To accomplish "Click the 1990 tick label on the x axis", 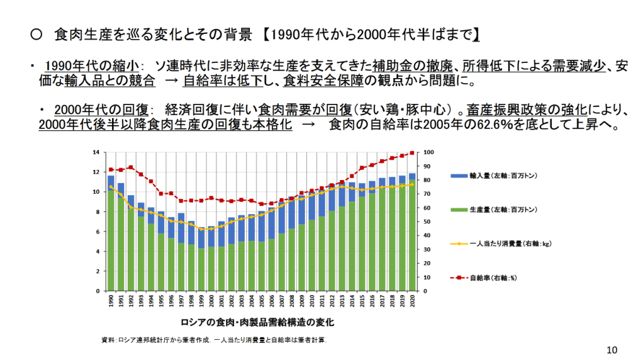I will (111, 301).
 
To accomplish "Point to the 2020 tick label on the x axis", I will (412, 301).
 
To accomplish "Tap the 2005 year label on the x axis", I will (262, 301).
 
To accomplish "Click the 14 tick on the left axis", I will (96, 152).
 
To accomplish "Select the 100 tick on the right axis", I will (428, 152).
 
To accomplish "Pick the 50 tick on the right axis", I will (427, 222).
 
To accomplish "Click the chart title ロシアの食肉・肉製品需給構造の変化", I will (257, 322).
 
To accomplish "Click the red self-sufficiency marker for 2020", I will (412, 153).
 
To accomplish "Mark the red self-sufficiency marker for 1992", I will (131, 167).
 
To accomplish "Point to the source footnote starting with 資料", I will (214, 340).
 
